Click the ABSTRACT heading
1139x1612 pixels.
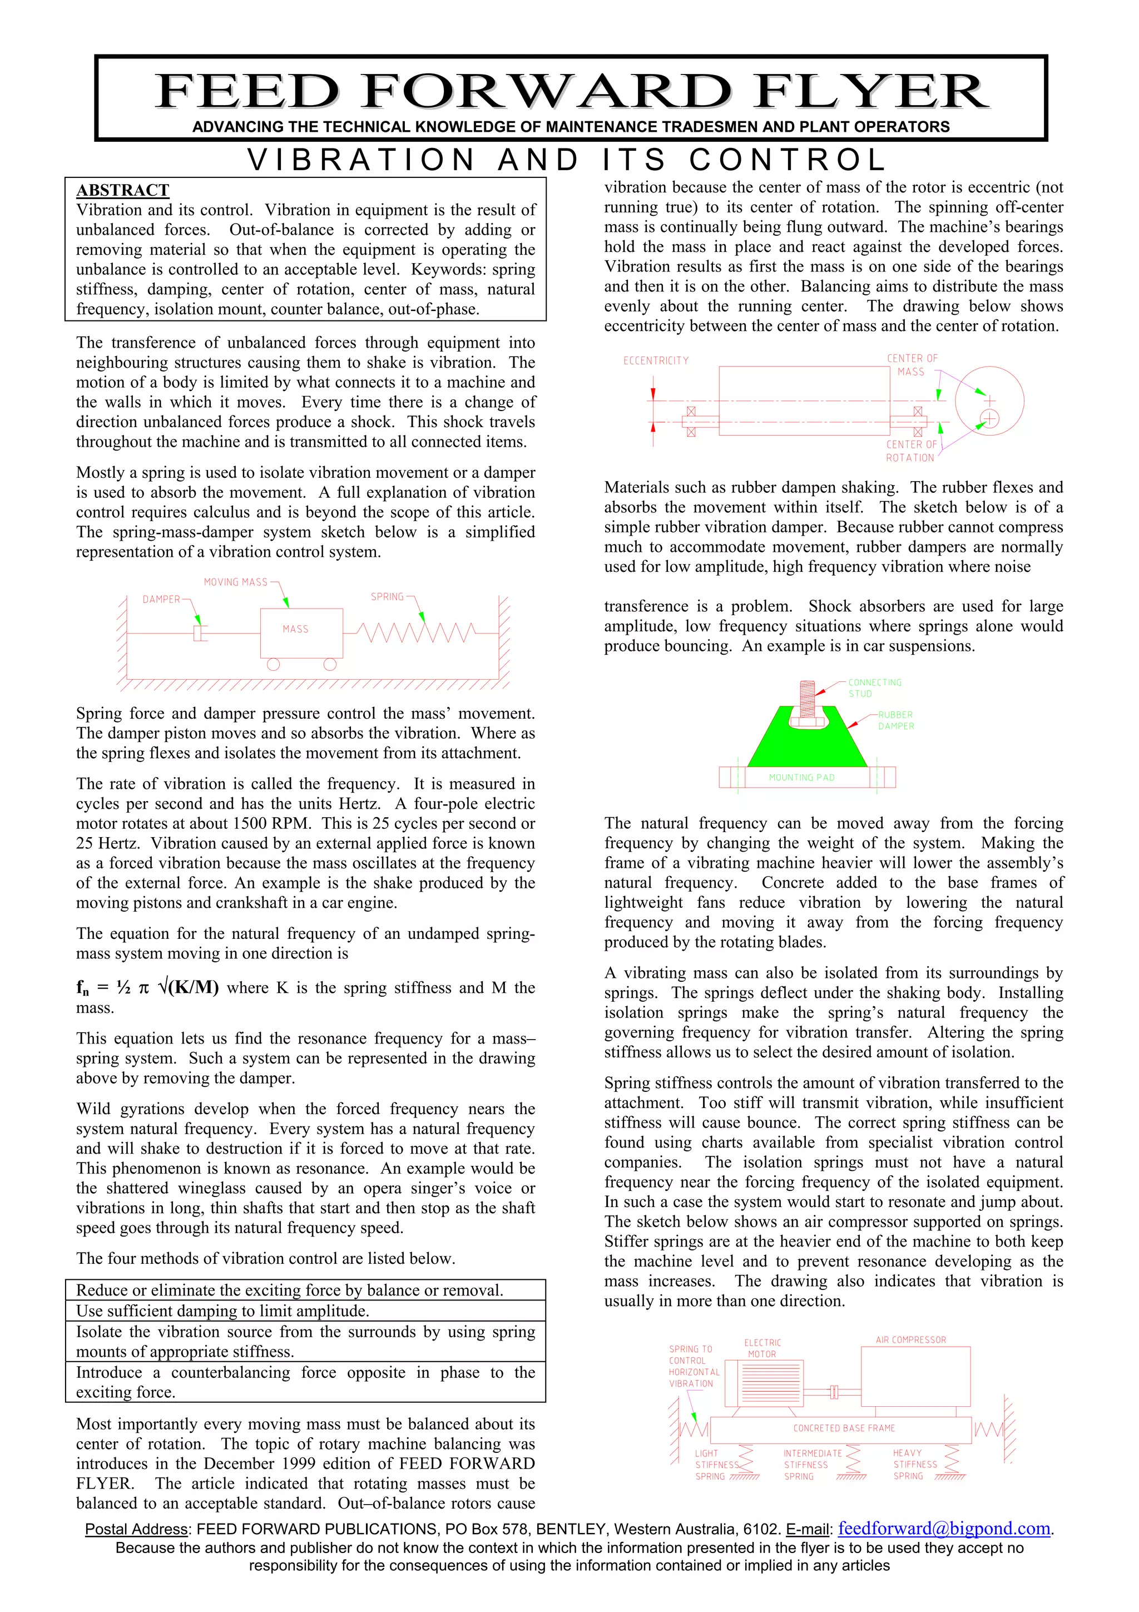click(123, 190)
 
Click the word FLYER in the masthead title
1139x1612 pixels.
click(870, 92)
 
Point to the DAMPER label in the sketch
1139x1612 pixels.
click(161, 599)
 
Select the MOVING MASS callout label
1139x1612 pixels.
click(235, 582)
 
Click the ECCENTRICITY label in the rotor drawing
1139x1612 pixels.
click(656, 360)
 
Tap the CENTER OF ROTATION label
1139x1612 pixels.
click(911, 451)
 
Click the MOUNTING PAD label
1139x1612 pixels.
click(801, 777)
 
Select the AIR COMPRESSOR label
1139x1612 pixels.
click(910, 1339)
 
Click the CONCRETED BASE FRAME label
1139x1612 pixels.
click(844, 1428)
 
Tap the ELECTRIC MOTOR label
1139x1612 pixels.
click(762, 1348)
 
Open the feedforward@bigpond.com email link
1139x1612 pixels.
click(944, 1529)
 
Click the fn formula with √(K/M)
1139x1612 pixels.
click(147, 987)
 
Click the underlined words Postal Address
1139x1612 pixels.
click(136, 1529)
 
